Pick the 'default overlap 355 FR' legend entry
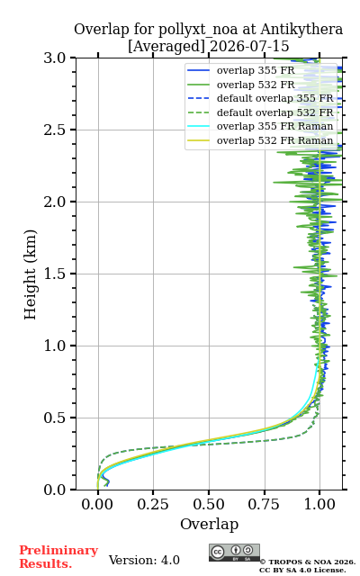tap(260, 98)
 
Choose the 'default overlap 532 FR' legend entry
tap(260, 112)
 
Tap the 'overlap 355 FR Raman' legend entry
tap(260, 126)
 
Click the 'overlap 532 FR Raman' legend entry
tap(260, 140)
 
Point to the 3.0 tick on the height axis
tap(55, 58)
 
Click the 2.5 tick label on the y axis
tap(55, 130)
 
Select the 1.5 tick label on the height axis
tap(55, 274)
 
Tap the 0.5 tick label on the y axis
tap(55, 418)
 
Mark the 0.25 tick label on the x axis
tap(153, 504)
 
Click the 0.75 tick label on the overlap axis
tap(264, 504)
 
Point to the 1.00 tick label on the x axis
tap(319, 504)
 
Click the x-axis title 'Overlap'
tap(209, 524)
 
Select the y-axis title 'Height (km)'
tap(30, 274)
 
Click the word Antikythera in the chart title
tap(301, 30)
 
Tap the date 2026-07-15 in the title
tap(249, 46)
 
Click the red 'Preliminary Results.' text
tap(58, 557)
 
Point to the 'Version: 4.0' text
tap(144, 560)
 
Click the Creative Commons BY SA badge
tap(234, 553)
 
